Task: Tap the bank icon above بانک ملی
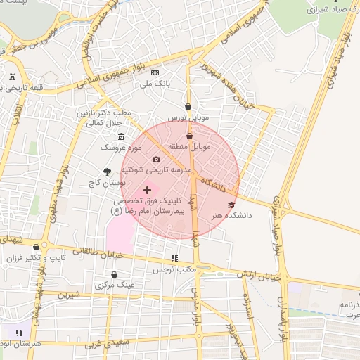point(155,73)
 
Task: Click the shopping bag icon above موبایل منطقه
point(189,136)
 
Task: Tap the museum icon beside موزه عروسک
point(122,136)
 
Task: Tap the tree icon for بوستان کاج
point(107,171)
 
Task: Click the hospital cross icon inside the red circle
point(147,190)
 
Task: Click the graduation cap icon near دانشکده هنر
point(232,205)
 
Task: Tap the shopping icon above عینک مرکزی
point(115,274)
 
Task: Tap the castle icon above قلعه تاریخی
point(13,77)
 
